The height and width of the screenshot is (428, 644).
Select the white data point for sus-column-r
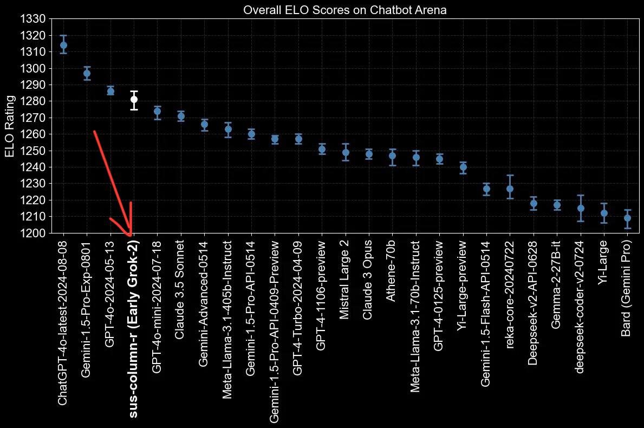[x=134, y=99]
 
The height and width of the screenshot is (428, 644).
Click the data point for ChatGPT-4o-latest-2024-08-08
[x=63, y=45]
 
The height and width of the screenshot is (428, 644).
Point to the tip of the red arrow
[x=130, y=235]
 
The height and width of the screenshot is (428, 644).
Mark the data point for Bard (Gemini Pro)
[x=627, y=218]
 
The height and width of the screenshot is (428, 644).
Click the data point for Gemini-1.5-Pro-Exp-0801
[x=87, y=73]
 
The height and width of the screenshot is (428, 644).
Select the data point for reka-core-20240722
[x=510, y=189]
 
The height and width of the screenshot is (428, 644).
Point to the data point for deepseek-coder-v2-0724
[x=581, y=208]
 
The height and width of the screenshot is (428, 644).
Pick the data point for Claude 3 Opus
[x=369, y=154]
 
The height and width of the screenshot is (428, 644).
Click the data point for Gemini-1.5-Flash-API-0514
[x=486, y=189]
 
